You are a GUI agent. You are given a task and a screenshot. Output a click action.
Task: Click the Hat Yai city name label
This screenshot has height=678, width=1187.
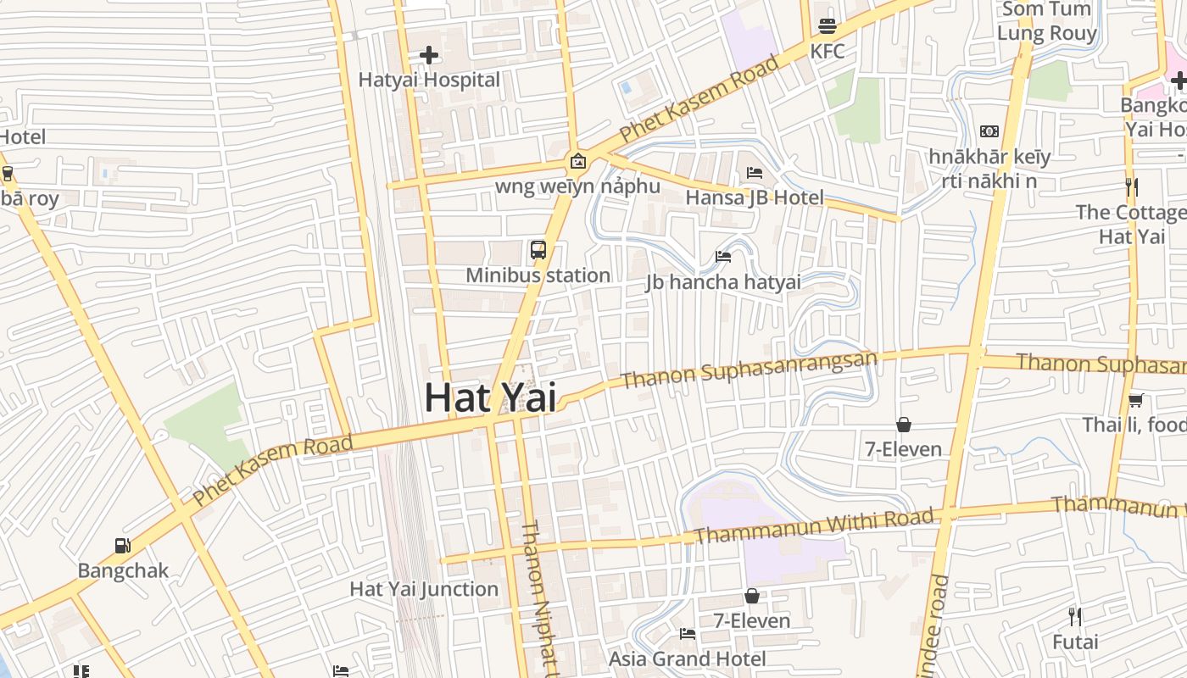(x=490, y=397)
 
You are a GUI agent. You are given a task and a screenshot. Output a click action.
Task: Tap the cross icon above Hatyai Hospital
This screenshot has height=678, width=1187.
(x=429, y=56)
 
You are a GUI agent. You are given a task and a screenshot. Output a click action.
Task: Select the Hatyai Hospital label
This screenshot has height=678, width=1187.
(x=429, y=81)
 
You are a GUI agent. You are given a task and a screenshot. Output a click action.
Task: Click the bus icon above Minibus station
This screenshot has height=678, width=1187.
(x=538, y=250)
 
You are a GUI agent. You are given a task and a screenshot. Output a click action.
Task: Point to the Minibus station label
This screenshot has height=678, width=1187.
(x=538, y=275)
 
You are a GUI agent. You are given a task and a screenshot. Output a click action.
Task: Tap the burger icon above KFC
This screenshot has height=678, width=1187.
(x=828, y=26)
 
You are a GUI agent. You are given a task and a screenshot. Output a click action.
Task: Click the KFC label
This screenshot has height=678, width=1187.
(x=828, y=52)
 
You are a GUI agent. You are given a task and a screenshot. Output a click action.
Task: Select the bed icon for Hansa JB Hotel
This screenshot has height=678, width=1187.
(x=755, y=173)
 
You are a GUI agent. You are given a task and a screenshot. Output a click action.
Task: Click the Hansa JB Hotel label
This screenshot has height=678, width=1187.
(x=755, y=197)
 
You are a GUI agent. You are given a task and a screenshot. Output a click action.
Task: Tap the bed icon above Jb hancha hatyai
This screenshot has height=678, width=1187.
(x=723, y=256)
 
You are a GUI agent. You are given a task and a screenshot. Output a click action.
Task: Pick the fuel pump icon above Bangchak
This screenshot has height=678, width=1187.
(x=123, y=546)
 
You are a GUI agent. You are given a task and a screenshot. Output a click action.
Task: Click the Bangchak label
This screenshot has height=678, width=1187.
(x=123, y=570)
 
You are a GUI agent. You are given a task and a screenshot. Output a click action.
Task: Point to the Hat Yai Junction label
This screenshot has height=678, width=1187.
(x=424, y=589)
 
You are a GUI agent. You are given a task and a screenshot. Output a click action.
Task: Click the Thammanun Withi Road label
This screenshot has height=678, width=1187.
(x=814, y=525)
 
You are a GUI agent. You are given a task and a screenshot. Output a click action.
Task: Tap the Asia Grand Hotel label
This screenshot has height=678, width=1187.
(x=688, y=659)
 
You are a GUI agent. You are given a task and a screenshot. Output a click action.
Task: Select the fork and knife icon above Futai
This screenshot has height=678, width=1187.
(x=1075, y=616)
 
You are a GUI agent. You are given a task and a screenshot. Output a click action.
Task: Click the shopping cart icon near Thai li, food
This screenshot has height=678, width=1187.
(x=1135, y=400)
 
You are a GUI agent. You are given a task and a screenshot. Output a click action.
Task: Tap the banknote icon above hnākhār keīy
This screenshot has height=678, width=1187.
(x=989, y=131)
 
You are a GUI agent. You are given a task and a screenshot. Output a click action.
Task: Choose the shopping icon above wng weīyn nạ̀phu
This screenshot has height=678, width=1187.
(x=577, y=160)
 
